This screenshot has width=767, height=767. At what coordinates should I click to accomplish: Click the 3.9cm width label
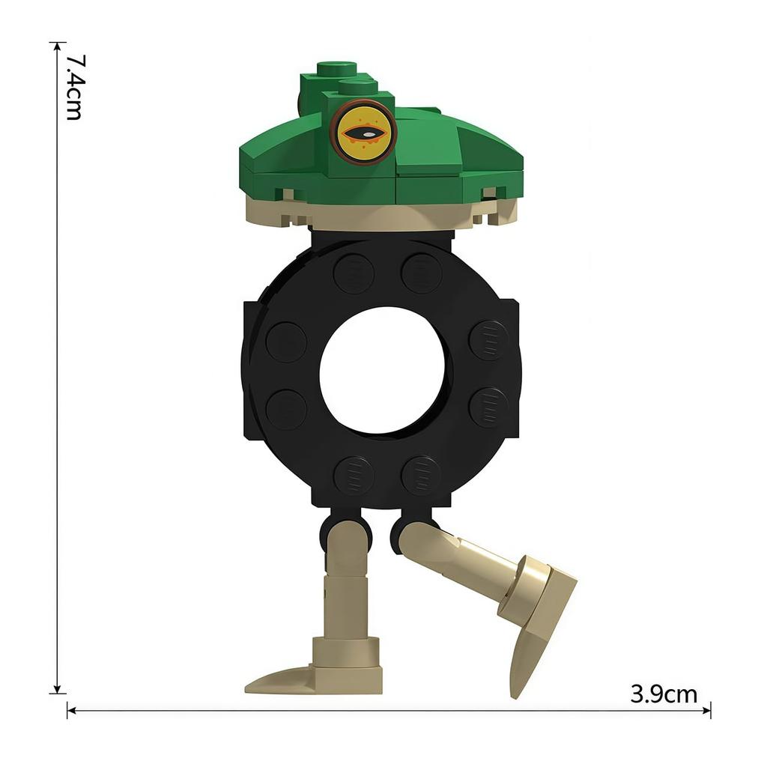click(x=664, y=694)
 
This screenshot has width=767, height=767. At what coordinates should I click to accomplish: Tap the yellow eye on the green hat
click(x=363, y=132)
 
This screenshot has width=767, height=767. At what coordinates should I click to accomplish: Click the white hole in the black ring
click(x=382, y=371)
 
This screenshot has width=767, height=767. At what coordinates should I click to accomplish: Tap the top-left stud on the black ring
click(x=354, y=273)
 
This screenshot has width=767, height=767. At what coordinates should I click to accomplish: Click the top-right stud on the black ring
click(x=421, y=273)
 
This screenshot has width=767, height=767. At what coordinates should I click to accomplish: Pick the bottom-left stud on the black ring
click(x=354, y=476)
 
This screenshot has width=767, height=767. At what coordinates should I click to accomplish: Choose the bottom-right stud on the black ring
click(x=421, y=476)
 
